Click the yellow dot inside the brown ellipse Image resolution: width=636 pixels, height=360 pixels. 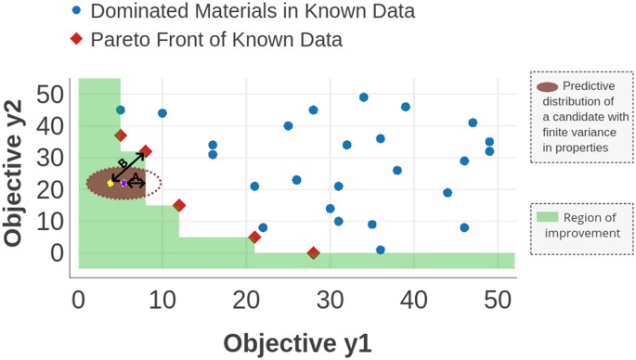110,183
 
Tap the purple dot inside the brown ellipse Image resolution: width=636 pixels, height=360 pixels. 123,183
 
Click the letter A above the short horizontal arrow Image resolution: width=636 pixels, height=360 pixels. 136,174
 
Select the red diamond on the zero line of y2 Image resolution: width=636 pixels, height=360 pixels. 314,252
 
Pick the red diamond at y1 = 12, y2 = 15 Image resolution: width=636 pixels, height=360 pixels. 179,205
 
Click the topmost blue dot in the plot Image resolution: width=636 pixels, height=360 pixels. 364,97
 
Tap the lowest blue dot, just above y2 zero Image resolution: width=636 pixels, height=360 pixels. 381,250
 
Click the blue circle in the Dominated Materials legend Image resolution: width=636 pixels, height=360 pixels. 75,12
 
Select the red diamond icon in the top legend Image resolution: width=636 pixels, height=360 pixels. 75,40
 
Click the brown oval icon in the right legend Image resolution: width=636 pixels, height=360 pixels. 548,86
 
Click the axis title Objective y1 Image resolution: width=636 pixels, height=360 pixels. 296,341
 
